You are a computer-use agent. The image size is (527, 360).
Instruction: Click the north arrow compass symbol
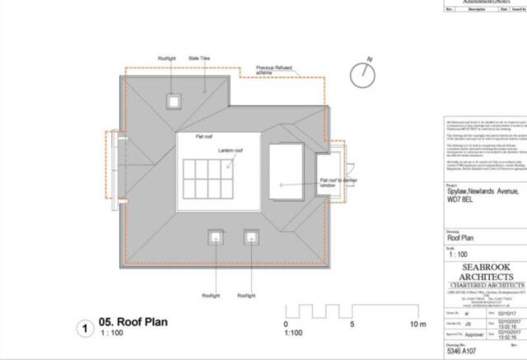click(361, 75)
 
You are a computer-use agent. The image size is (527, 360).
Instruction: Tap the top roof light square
click(173, 101)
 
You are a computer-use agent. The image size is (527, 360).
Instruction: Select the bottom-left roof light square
click(216, 238)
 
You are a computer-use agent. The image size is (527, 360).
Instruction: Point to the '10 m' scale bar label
click(418, 324)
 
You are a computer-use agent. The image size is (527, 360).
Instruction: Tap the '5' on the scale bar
click(352, 324)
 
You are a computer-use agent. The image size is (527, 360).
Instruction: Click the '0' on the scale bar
click(285, 324)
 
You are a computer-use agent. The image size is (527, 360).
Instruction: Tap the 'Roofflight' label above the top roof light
click(168, 58)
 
